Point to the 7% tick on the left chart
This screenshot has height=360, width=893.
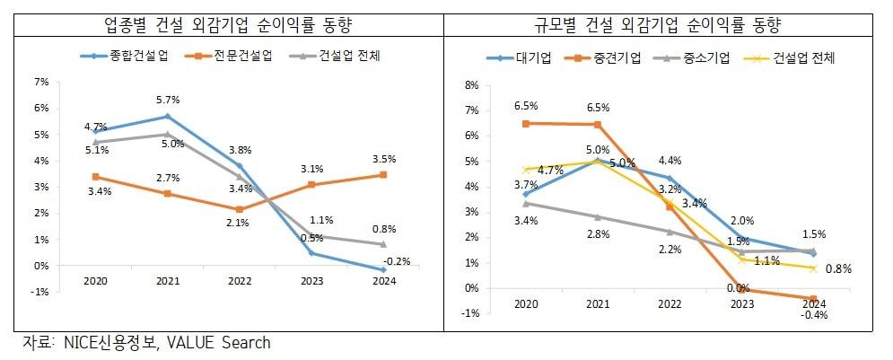[x=41, y=82]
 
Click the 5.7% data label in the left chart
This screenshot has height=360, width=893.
[x=169, y=100]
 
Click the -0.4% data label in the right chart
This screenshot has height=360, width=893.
[x=813, y=315]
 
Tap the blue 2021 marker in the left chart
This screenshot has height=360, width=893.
[x=166, y=117]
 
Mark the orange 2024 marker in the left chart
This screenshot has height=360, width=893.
[x=382, y=175]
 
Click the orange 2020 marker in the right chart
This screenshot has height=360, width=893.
[x=526, y=123]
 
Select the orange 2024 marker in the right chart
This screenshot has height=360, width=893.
[x=813, y=299]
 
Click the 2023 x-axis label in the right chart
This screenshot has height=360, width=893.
[x=741, y=304]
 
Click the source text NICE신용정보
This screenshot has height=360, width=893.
[x=109, y=343]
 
